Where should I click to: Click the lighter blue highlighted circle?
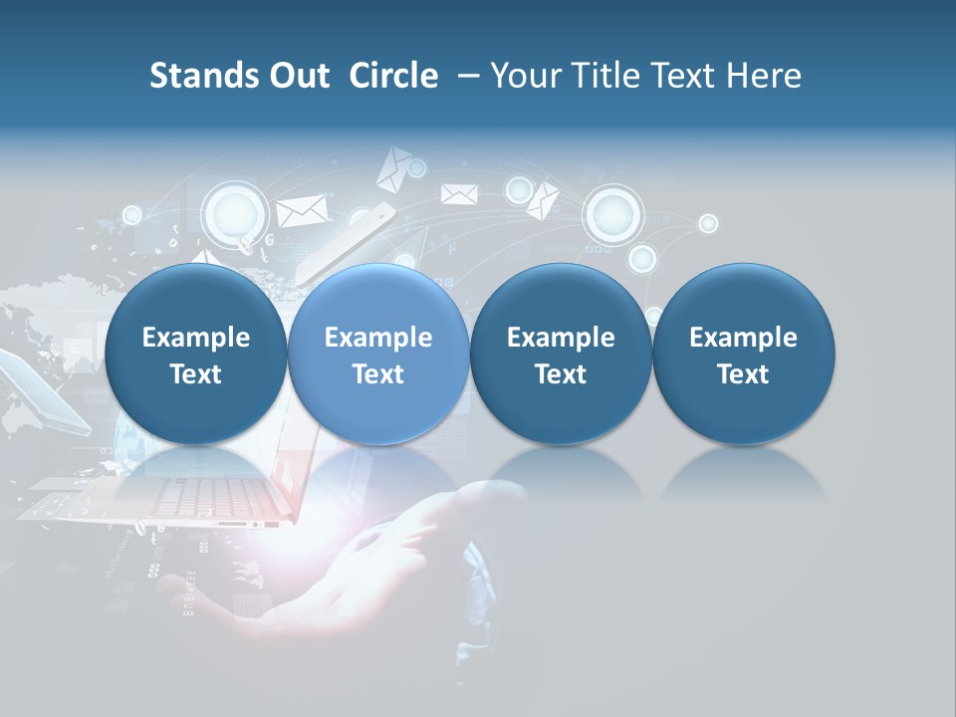point(377,355)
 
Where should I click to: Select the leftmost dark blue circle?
point(195,355)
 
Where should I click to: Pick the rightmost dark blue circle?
point(743,355)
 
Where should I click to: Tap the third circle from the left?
point(561,355)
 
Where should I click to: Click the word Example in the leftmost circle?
point(195,338)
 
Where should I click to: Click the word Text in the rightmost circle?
point(743,374)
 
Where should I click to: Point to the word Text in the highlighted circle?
point(377,374)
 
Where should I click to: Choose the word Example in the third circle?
point(561,338)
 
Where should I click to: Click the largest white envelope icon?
point(302,210)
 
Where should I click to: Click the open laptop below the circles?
point(169,498)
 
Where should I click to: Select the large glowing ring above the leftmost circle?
point(235,212)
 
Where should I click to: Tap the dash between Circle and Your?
point(465,77)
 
